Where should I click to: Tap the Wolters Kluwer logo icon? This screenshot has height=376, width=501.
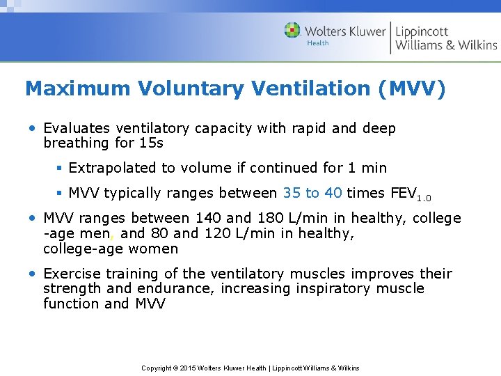(292, 30)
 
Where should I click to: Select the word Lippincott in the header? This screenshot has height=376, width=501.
(422, 31)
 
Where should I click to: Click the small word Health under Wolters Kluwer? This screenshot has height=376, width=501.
(318, 43)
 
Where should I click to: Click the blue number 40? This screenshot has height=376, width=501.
(333, 193)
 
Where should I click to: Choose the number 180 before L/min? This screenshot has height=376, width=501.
(281, 218)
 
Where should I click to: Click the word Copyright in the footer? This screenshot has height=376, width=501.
(157, 368)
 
